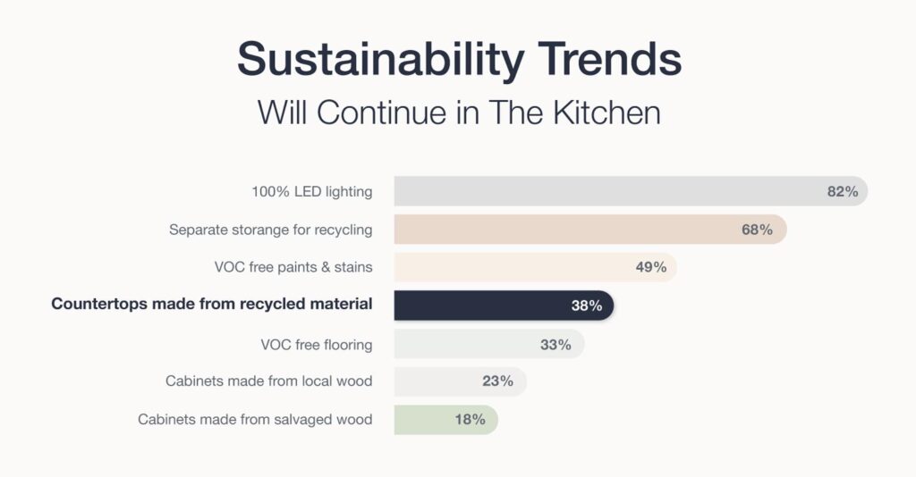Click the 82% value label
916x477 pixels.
point(843,191)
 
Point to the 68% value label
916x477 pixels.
point(757,230)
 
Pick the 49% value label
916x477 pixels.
point(650,267)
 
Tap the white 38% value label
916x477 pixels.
point(587,305)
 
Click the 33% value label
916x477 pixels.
point(556,344)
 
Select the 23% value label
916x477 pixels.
point(498,381)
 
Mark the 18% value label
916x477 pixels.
point(470,419)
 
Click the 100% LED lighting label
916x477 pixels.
point(311,191)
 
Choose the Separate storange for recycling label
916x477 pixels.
point(270,230)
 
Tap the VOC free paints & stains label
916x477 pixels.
point(293,267)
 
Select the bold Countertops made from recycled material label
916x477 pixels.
point(212,305)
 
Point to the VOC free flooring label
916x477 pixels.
point(316,344)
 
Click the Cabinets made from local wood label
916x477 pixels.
point(268,381)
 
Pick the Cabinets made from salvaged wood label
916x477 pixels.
point(255,419)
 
